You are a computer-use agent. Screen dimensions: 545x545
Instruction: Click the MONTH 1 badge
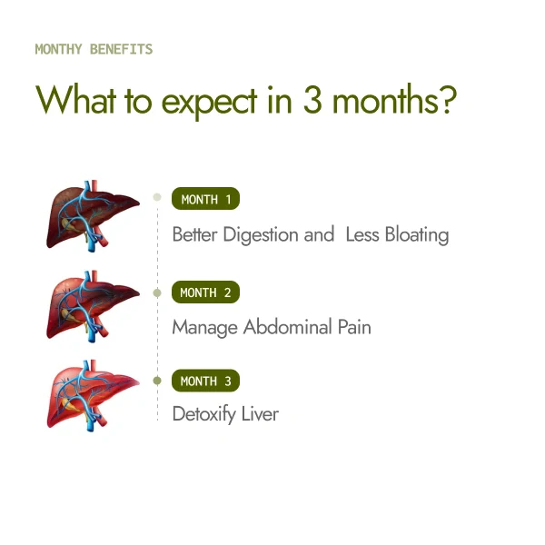(205, 200)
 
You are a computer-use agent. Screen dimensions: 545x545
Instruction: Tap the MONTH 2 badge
(205, 292)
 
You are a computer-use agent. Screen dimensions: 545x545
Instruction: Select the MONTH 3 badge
(205, 381)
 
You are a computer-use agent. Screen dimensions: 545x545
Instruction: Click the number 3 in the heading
(313, 100)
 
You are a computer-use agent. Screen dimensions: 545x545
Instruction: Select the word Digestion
(260, 235)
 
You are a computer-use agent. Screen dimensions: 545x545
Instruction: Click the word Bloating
(415, 234)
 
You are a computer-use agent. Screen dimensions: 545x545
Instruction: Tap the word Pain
(353, 327)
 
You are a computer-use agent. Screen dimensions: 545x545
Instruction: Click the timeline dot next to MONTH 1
(157, 196)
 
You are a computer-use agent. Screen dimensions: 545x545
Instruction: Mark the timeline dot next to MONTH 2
(157, 292)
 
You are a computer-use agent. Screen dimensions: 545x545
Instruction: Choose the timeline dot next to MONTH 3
(157, 381)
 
